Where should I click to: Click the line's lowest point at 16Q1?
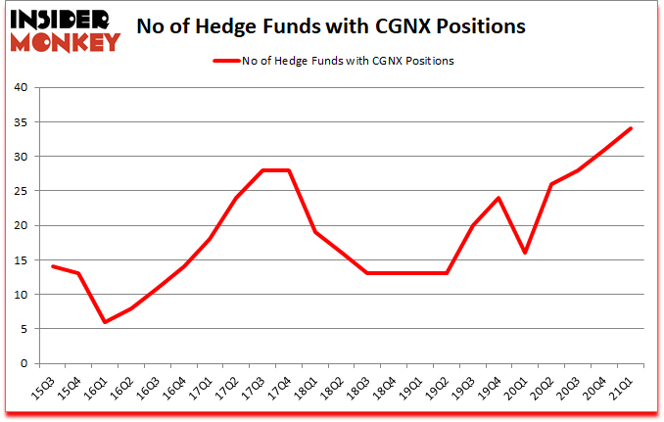(x=105, y=322)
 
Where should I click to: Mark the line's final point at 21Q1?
(x=631, y=128)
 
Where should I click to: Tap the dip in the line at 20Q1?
(x=526, y=253)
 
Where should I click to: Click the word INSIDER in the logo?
(x=61, y=20)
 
